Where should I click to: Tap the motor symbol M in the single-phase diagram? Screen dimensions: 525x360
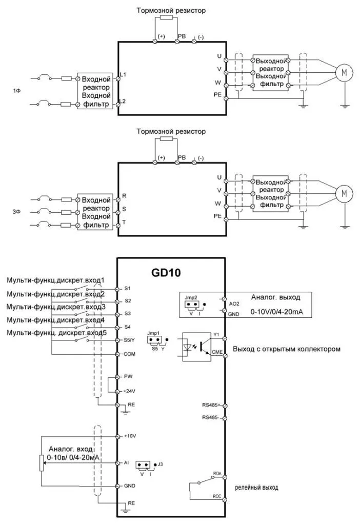344,73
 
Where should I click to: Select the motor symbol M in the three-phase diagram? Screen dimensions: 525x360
344,193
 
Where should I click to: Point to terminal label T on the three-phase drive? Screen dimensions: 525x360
123,222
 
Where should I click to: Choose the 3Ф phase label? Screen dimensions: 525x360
17,211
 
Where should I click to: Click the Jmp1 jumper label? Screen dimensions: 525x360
153,333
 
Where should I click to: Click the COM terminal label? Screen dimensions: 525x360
129,354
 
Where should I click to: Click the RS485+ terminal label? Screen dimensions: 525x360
211,405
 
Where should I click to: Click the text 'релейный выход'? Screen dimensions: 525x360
256,488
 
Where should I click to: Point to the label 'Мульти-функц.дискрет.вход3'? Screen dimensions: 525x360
56,307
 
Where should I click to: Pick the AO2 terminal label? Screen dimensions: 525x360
233,302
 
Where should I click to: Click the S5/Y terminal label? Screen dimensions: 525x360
131,340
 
